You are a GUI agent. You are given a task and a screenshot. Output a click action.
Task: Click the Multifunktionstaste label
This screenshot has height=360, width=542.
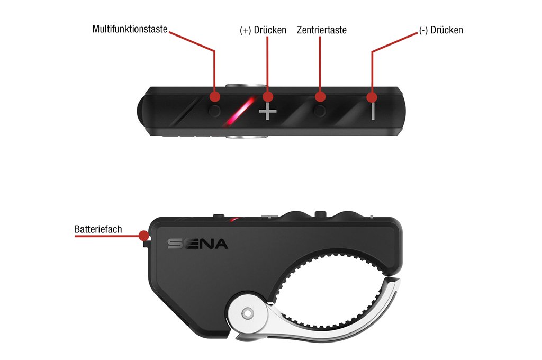[x=130, y=29]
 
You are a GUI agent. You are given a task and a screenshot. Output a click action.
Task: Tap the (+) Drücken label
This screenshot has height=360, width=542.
[x=263, y=30]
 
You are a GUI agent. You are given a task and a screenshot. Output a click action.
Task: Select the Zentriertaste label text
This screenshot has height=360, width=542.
[x=321, y=30]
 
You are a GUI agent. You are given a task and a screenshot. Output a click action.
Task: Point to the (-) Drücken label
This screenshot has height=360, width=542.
[x=441, y=30]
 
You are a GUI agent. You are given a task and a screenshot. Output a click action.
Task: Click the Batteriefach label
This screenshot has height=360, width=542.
[x=98, y=229]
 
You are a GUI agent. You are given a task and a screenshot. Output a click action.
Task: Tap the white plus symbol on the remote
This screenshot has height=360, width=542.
[x=268, y=111]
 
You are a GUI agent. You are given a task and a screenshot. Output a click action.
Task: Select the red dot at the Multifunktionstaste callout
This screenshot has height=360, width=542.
[x=215, y=97]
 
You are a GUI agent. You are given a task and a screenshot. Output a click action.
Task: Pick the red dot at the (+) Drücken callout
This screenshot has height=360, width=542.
[x=267, y=97]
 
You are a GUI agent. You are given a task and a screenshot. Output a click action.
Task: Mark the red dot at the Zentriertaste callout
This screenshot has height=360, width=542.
[x=320, y=97]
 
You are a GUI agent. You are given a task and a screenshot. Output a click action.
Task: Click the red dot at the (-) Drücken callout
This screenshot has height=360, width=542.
[x=372, y=97]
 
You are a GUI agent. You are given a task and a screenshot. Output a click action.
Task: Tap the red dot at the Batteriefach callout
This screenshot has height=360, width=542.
[x=144, y=236]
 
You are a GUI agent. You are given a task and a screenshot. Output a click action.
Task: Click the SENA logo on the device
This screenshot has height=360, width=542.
[x=198, y=244]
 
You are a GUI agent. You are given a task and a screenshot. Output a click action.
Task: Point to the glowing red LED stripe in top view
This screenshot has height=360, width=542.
[x=240, y=111]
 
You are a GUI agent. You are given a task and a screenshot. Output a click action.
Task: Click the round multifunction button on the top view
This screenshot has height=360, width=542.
[x=215, y=111]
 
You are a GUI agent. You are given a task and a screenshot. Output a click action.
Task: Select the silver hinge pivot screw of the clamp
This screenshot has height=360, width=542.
[x=248, y=313]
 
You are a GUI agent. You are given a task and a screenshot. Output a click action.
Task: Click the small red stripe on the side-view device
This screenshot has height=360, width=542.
[x=236, y=219]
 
